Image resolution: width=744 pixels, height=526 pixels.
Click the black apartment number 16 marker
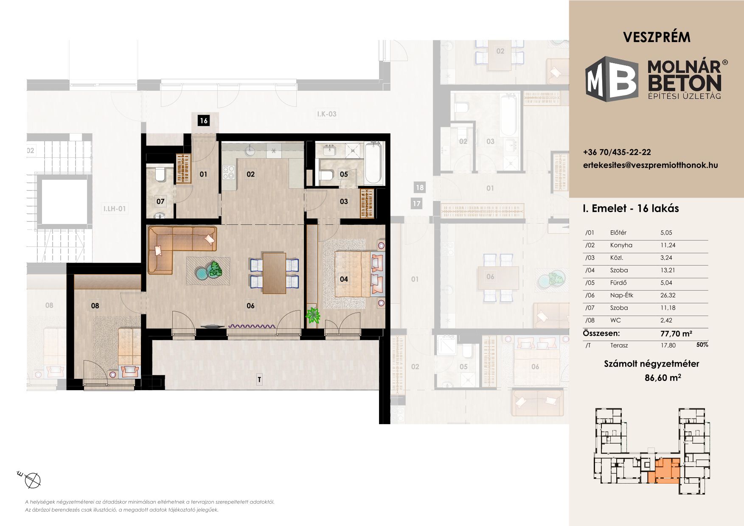[x=204, y=121]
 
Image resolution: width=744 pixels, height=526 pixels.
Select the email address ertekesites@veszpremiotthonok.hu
[x=651, y=165]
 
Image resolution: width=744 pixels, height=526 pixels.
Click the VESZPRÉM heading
[x=657, y=37]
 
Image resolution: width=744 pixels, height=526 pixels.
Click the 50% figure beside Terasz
[x=702, y=345]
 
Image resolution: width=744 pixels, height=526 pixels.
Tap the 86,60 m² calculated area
[x=663, y=378]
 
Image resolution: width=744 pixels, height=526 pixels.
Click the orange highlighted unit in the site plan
[x=664, y=471]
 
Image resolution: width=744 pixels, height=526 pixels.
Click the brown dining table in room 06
[x=274, y=273]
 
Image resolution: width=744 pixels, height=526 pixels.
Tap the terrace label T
[x=259, y=380]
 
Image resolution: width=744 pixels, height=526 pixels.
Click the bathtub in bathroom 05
[x=374, y=163]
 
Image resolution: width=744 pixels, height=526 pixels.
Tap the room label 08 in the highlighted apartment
[x=95, y=305]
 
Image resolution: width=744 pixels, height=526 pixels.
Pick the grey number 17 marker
[x=417, y=204]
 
